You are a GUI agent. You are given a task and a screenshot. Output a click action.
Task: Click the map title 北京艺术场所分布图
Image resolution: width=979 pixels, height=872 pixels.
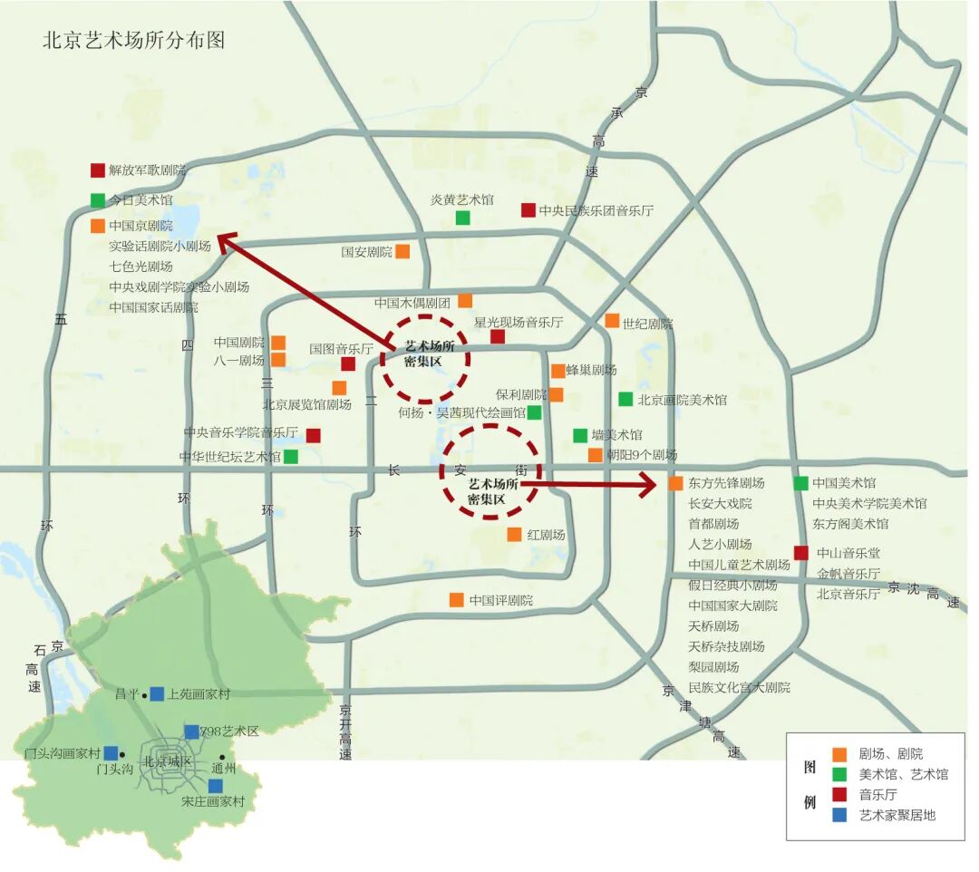133,41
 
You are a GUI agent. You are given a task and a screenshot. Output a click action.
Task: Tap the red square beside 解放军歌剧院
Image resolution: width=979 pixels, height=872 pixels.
98,170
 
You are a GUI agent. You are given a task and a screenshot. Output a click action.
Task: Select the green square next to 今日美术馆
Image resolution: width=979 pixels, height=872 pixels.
98,200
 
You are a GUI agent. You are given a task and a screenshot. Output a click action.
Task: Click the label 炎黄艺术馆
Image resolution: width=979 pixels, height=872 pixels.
462,200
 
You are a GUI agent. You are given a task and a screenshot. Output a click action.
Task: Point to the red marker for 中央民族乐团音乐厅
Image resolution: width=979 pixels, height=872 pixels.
528,210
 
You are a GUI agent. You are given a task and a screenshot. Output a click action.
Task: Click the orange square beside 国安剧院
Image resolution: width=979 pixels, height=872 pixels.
402,251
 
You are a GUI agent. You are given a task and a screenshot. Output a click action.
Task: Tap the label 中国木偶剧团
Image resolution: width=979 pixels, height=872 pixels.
412,303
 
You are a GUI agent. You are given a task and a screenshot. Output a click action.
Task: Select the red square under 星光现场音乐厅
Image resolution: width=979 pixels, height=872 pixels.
498,337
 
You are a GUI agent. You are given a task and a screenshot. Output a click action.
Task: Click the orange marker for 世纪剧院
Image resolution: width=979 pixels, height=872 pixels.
612,321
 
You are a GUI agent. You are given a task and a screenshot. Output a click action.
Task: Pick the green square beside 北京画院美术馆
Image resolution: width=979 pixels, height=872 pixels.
625,399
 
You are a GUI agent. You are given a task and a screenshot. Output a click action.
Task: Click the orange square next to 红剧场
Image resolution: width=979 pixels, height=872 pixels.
514,535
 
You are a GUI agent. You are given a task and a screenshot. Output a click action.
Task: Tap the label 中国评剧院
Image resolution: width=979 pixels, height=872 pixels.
501,600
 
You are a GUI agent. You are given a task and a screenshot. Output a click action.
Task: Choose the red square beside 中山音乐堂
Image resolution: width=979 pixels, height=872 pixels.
801,553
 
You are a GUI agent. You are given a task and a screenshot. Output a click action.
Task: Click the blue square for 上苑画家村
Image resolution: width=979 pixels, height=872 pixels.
157,693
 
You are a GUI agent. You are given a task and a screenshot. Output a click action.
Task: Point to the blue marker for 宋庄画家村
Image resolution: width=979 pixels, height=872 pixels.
216,785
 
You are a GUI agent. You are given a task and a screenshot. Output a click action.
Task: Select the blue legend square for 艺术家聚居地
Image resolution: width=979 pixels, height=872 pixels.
839,814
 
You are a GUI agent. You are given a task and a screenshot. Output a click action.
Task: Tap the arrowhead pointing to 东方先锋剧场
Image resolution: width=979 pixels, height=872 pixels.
649,485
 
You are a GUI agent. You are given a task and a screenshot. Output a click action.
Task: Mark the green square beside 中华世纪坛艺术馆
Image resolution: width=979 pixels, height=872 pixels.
291,457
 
